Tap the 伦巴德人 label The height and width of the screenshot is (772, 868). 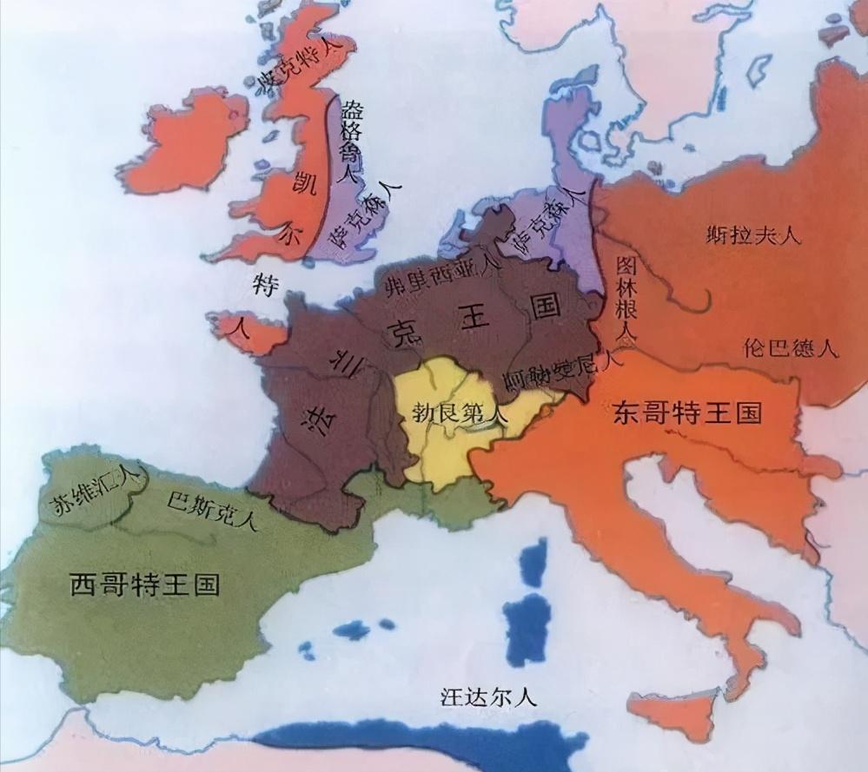tap(791, 348)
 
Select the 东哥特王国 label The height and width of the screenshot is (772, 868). tap(687, 411)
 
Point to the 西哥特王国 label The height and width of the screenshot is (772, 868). tap(143, 584)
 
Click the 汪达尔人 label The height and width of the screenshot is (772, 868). tap(489, 696)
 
